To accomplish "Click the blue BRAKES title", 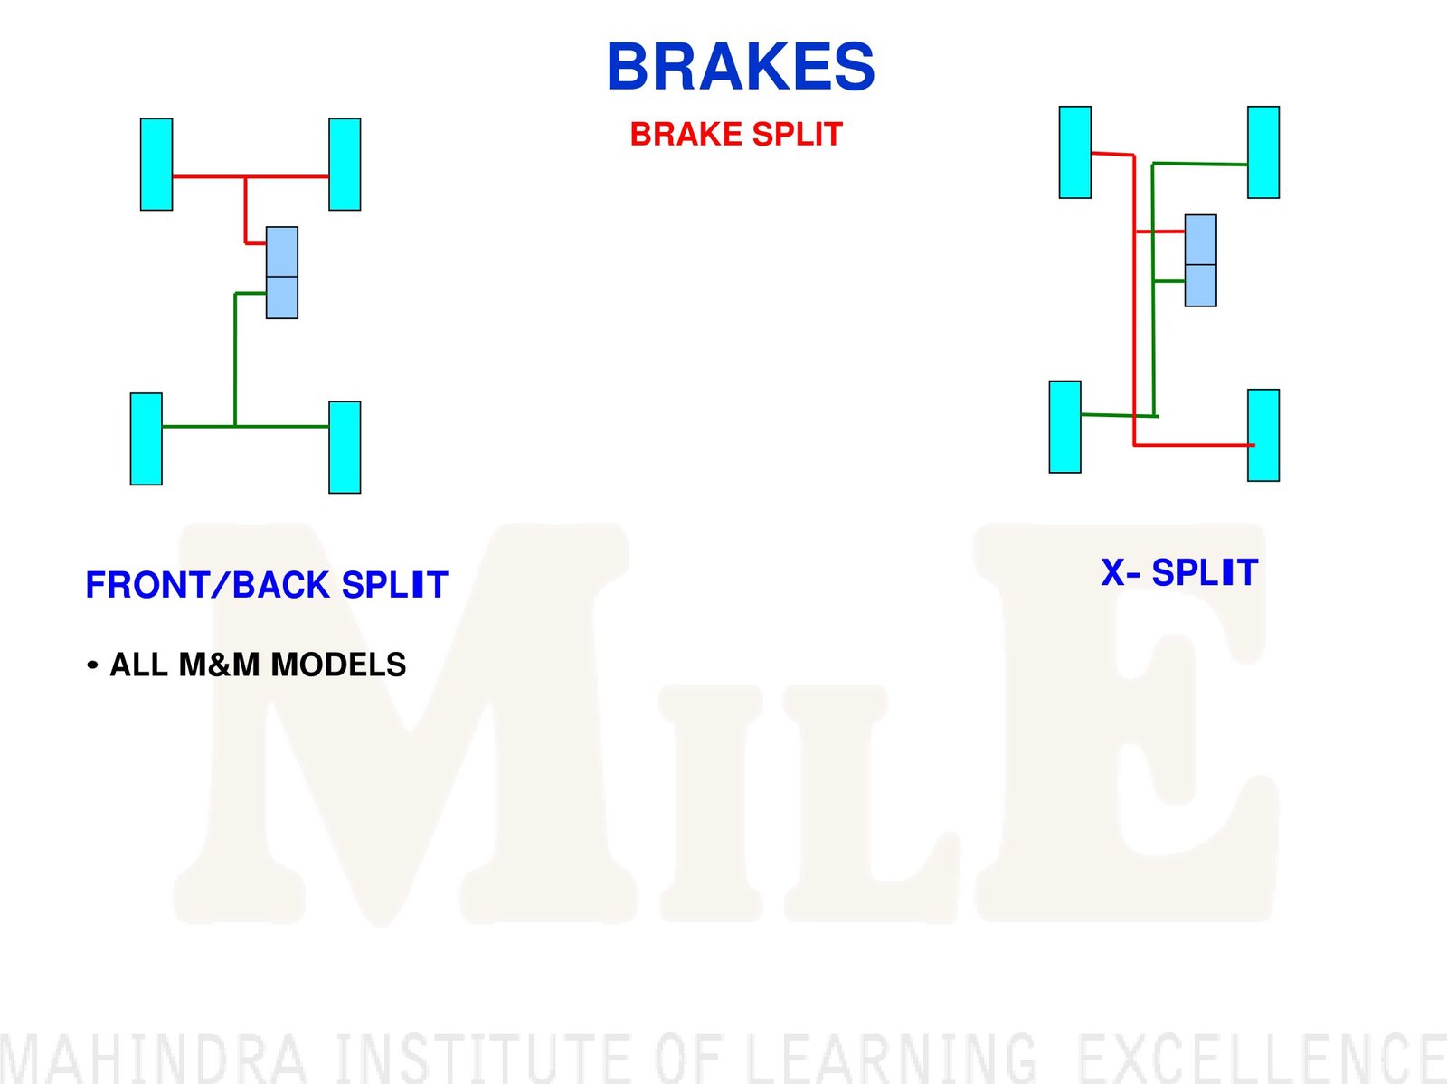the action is [741, 66].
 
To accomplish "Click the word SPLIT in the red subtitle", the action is [797, 135].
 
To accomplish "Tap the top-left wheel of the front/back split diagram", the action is [156, 164].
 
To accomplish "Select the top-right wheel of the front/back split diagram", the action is [345, 164].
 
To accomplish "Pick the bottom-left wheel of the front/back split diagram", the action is [147, 438].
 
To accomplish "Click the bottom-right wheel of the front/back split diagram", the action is [345, 448].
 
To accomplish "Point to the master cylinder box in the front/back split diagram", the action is [282, 273].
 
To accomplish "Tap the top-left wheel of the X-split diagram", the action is [1075, 152].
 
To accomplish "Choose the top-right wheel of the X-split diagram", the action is [1263, 152].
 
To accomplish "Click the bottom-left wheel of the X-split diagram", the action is [1065, 427].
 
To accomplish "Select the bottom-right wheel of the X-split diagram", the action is [1263, 436].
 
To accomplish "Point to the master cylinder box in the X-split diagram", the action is [1201, 260].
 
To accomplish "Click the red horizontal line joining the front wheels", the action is [251, 176].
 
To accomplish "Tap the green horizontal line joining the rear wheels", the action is [245, 427].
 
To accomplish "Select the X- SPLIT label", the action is [1179, 572].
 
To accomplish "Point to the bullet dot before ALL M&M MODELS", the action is [92, 665].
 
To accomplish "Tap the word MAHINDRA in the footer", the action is [153, 1059].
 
